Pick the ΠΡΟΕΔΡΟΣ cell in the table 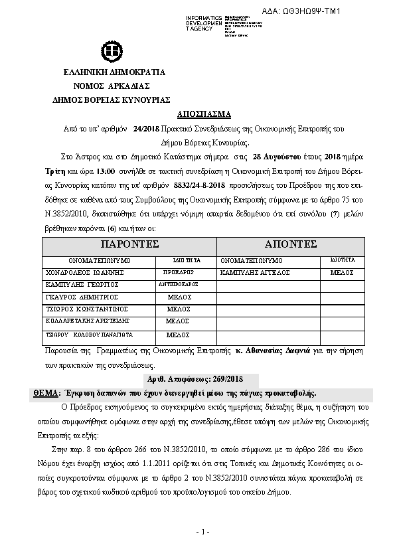(x=178, y=272)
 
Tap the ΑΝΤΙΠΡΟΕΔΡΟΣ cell (x=178, y=284)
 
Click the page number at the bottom (x=203, y=532)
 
